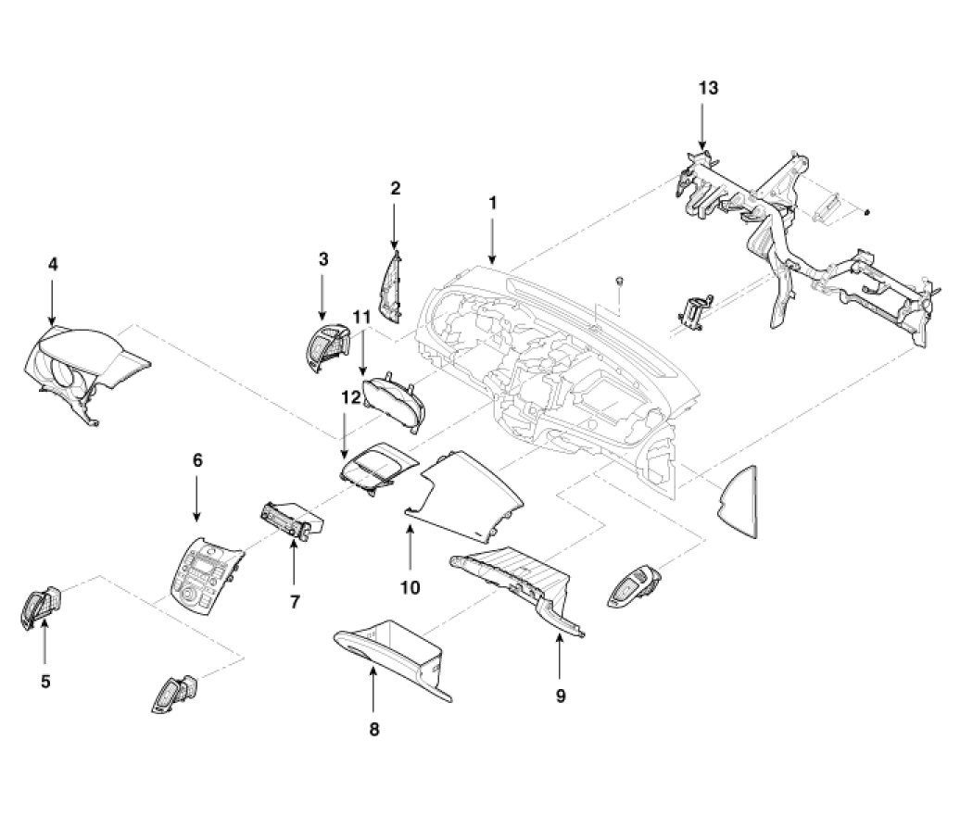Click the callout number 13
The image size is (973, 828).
tap(708, 89)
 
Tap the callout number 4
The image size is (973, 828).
tap(53, 264)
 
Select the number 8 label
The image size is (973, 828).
tap(373, 729)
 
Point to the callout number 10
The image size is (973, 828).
tap(410, 586)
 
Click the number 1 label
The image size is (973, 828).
tap(493, 202)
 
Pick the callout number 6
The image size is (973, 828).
tap(196, 460)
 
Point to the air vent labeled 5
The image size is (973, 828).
tap(39, 610)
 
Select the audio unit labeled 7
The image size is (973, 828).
tap(293, 521)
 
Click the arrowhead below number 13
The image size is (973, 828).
tap(703, 145)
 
